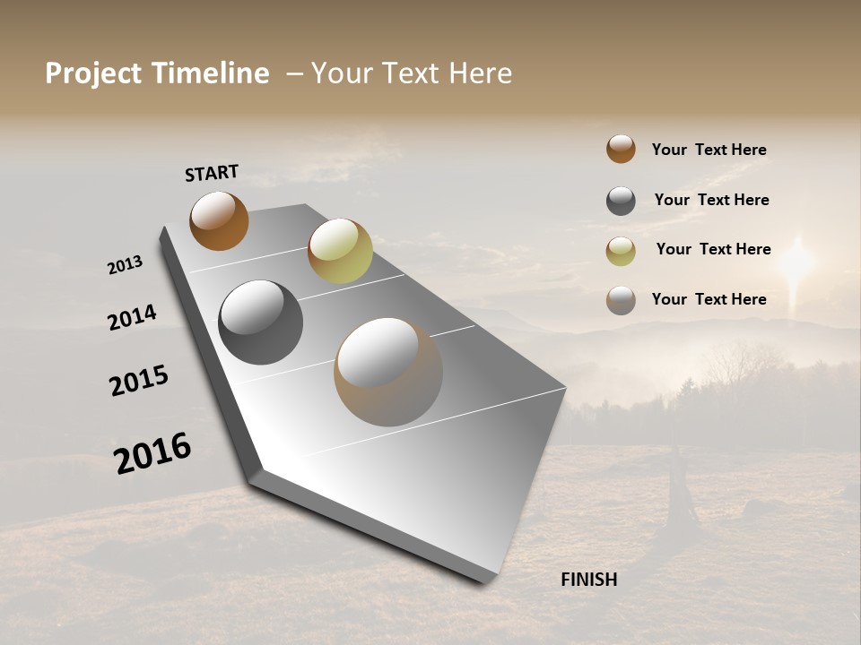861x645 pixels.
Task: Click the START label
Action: coord(212,173)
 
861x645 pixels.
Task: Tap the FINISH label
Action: coord(588,580)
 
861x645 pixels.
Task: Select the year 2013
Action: coord(125,265)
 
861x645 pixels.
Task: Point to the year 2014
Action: coord(132,317)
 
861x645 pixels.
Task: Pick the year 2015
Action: coord(139,381)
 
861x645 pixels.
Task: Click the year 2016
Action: coord(152,453)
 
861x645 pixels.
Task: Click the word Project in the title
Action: coord(93,73)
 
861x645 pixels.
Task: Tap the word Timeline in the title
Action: coord(212,73)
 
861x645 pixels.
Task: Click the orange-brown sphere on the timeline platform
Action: coord(219,221)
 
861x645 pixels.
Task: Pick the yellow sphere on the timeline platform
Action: coord(340,250)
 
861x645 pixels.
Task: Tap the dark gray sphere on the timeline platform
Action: coord(260,322)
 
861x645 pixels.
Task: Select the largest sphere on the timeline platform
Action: coord(388,372)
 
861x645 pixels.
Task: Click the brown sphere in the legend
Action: coord(621,149)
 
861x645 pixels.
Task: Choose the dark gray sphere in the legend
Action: coord(621,201)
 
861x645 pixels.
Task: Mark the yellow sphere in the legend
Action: coord(621,251)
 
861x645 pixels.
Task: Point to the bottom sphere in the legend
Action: coord(621,300)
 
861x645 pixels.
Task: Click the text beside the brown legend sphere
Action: coord(709,150)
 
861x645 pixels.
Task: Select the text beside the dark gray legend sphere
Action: coord(711,200)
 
